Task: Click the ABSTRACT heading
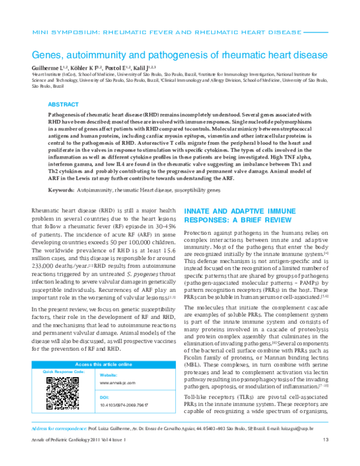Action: pyautogui.click(x=63, y=103)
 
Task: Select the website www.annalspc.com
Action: pyautogui.click(x=116, y=382)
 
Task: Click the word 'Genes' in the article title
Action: pyautogui.click(x=49, y=53)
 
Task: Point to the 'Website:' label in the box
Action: pyautogui.click(x=108, y=375)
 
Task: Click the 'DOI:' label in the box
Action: pyautogui.click(x=103, y=398)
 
